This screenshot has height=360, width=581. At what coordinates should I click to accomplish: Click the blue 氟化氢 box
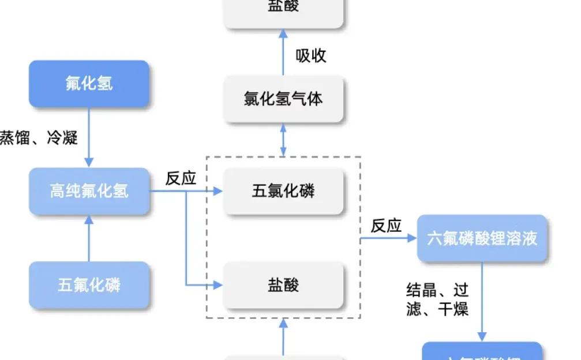point(89,84)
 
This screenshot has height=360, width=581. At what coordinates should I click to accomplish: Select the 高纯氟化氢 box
point(89,191)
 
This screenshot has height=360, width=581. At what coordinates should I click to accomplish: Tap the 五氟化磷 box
point(89,284)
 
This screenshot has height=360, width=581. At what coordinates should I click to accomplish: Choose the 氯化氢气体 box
point(283,99)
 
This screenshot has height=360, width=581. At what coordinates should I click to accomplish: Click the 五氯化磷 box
point(283,191)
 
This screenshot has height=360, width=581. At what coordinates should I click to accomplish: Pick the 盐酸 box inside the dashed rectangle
point(283,284)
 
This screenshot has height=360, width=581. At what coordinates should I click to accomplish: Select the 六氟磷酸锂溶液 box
point(482,238)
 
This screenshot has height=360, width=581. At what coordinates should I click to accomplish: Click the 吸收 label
point(311,55)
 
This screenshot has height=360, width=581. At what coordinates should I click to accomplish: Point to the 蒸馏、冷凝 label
point(38,138)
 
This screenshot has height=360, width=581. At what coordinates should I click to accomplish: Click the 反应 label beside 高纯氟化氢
point(181,178)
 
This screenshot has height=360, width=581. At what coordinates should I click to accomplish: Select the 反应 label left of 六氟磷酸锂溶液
point(386,226)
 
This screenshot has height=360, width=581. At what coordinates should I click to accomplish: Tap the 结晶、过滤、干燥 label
point(437,299)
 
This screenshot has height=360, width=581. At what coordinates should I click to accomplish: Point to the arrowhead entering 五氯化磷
point(218,191)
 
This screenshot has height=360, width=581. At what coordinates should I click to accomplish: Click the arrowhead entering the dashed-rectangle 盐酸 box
point(218,284)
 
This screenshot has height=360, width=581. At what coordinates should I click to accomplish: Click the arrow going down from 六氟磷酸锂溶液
point(482,300)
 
